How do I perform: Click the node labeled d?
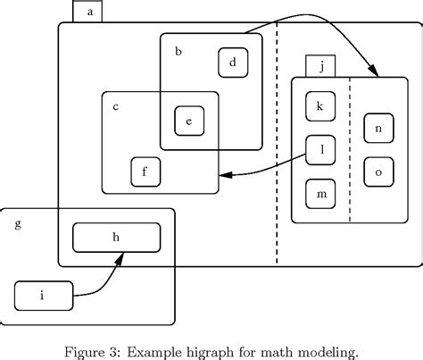[x=233, y=63]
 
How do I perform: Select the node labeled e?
[x=189, y=121]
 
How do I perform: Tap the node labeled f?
[x=145, y=171]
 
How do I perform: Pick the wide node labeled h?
[x=116, y=237]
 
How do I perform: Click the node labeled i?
[x=42, y=294]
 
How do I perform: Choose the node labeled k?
[x=319, y=105]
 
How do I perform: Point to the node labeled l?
[x=319, y=150]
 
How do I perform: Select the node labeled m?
[x=319, y=193]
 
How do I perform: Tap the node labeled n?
[x=378, y=129]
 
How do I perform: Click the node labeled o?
[x=378, y=171]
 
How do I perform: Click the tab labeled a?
[x=89, y=12]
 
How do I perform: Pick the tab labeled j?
[x=319, y=66]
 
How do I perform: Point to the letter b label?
[x=178, y=53]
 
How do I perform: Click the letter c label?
[x=116, y=107]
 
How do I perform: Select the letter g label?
[x=17, y=223]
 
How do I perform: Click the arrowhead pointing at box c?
[x=226, y=176]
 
